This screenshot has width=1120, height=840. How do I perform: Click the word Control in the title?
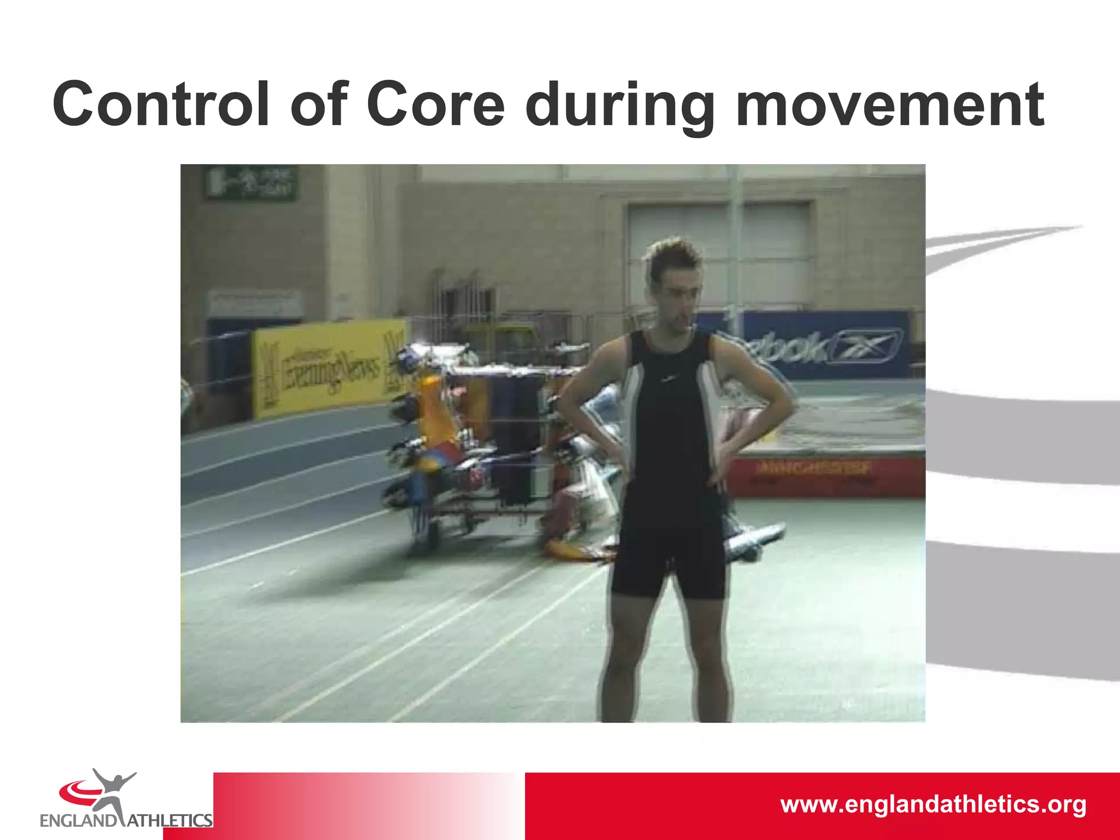click(161, 104)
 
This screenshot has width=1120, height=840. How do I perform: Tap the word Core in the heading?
click(435, 104)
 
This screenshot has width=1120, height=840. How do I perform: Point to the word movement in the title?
click(890, 104)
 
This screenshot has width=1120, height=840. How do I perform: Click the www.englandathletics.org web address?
click(933, 804)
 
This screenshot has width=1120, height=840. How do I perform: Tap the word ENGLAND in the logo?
click(78, 820)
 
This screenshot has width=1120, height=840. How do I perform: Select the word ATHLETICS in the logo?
click(170, 820)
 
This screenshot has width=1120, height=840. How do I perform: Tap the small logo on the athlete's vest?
click(666, 378)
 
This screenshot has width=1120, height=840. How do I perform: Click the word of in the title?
click(319, 104)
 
